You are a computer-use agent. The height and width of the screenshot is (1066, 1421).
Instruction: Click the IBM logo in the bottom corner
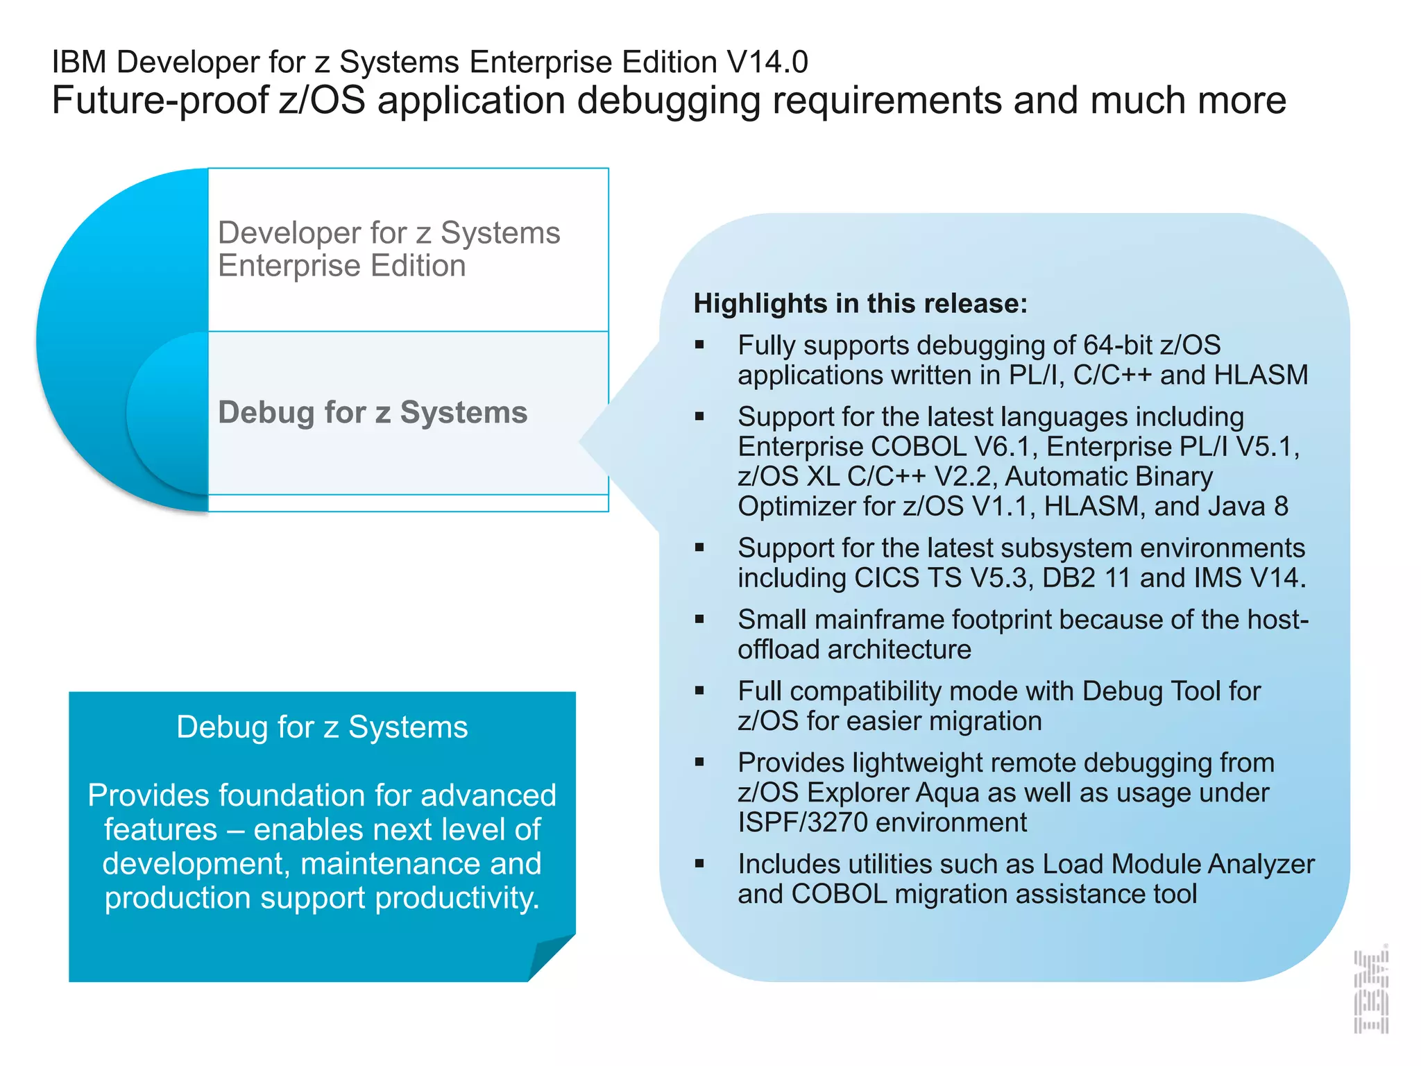click(1371, 990)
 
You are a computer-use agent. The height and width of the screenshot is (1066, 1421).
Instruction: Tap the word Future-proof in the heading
click(160, 101)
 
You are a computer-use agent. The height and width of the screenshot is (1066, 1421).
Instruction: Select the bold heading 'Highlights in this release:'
click(860, 304)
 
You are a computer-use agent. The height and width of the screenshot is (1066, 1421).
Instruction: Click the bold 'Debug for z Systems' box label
click(373, 412)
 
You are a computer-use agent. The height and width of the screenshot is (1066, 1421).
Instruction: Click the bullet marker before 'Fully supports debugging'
click(699, 345)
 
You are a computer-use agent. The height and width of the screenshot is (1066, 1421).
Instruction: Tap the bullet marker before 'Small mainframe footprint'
click(699, 619)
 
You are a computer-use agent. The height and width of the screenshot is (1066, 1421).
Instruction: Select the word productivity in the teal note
click(457, 898)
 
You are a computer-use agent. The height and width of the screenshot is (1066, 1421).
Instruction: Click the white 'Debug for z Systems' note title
click(322, 727)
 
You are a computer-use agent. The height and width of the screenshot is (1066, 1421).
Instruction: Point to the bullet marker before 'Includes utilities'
click(699, 864)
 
